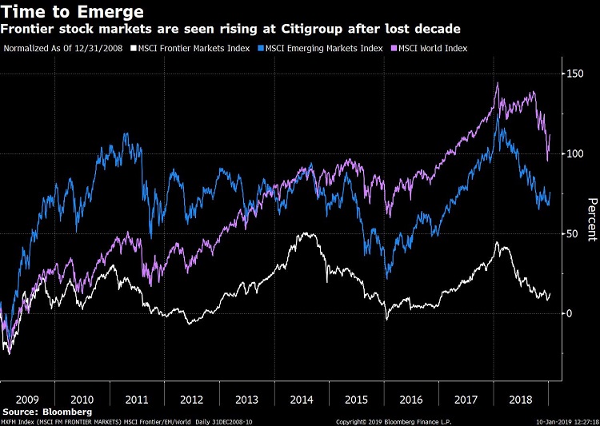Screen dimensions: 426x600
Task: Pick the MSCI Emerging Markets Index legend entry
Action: coord(321,48)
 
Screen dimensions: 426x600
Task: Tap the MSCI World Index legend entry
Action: coord(429,48)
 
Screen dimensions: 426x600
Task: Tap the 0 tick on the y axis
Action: coord(570,313)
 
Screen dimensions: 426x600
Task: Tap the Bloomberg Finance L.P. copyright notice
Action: coord(395,420)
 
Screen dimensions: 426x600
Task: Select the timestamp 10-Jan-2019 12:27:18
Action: coord(562,420)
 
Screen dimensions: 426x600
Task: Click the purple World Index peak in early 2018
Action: coord(498,83)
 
